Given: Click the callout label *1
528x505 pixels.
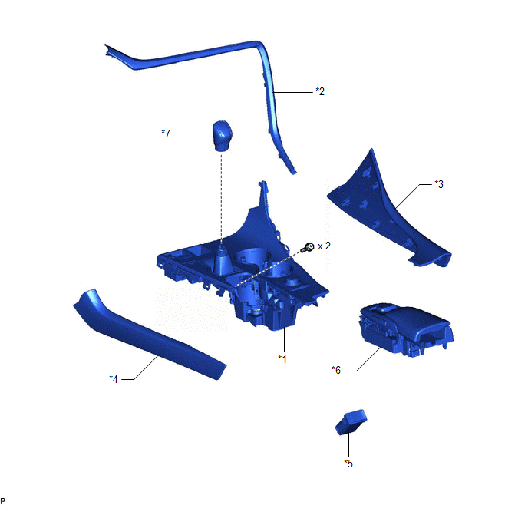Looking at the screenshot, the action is point(282,359).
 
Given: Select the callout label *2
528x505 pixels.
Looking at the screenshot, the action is point(320,91).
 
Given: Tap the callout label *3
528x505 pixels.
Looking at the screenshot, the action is point(439,184).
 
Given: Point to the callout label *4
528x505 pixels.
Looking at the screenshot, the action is point(114,379).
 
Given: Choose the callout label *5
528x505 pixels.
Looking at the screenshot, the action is point(348,464).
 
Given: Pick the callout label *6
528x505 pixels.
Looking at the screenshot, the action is point(336,370).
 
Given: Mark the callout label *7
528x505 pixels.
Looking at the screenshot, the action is point(166,134).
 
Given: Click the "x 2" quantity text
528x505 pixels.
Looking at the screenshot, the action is point(324,246).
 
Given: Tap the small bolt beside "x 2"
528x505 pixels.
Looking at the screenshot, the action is point(308,248).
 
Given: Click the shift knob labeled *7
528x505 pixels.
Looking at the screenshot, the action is point(223,136).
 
